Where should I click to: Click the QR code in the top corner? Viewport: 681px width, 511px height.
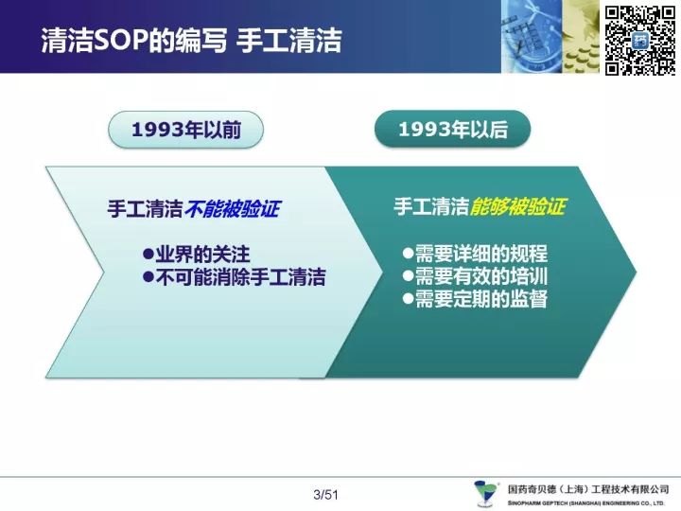coord(640,41)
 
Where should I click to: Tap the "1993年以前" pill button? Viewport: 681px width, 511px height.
coord(186,130)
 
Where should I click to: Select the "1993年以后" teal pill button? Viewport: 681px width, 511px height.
coord(452,129)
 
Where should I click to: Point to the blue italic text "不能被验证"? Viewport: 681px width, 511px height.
coord(233,209)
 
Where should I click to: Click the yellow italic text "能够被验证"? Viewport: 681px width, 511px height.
coord(517,206)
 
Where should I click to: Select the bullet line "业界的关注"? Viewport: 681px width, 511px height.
coord(197,255)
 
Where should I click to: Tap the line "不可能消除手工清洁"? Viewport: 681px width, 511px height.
coord(235,277)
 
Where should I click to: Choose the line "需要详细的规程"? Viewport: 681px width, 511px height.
coord(475,254)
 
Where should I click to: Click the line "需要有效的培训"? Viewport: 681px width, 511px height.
coord(475,276)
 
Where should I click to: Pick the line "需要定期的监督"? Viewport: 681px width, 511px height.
coord(475,299)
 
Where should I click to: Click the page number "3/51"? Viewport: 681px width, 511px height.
coord(325,495)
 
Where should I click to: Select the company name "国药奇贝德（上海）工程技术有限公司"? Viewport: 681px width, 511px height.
coord(588,490)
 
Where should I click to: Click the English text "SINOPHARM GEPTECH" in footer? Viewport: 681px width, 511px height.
coord(538,503)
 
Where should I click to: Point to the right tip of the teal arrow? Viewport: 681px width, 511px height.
coord(637,273)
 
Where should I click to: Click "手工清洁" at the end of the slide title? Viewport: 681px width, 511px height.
coord(289,41)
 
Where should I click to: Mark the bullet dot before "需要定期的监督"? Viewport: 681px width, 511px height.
coord(408,299)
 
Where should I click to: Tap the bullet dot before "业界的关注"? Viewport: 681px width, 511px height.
coord(148,255)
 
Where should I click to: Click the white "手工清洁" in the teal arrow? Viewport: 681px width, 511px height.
coord(431,206)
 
